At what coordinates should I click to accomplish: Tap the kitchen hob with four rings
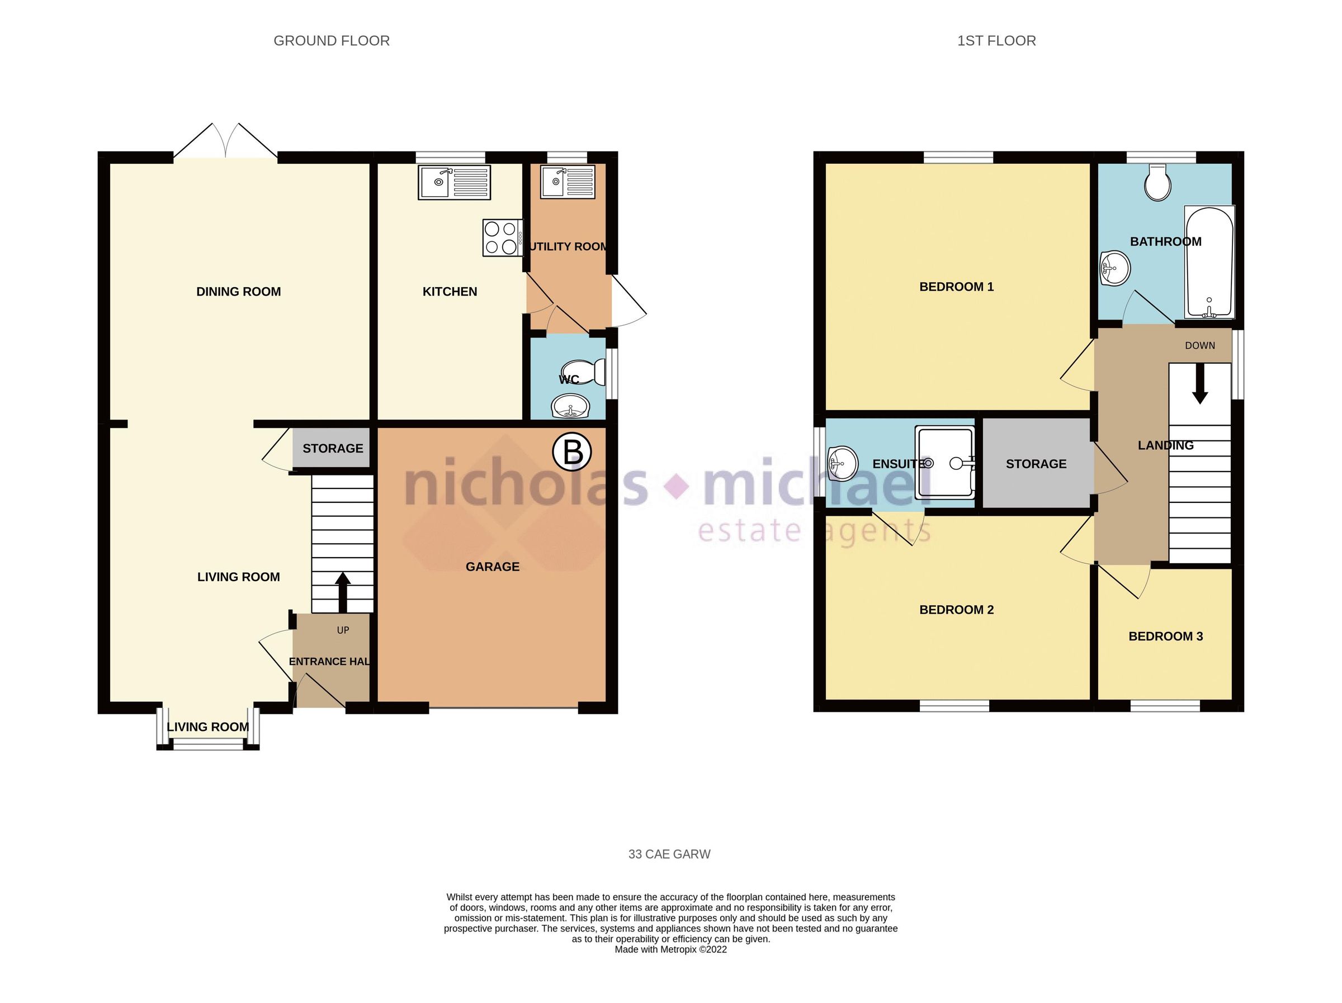click(x=501, y=237)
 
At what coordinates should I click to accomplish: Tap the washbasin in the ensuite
click(x=842, y=464)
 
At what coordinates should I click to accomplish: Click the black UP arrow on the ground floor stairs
click(x=342, y=592)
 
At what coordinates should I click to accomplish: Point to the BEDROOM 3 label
click(x=1165, y=636)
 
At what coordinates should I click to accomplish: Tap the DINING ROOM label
click(x=238, y=292)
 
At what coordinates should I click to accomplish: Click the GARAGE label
click(x=492, y=567)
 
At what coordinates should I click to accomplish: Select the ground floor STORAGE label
click(x=333, y=449)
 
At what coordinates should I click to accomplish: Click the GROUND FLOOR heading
click(x=331, y=41)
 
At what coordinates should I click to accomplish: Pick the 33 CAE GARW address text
click(x=669, y=854)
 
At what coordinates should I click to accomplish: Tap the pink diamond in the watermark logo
click(x=677, y=486)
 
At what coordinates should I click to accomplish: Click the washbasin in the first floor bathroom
click(x=1114, y=268)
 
